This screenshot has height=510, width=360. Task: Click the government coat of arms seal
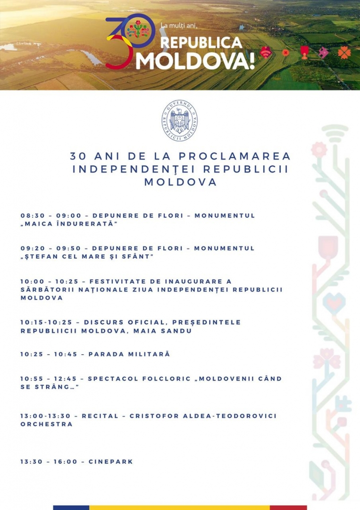tap(180, 120)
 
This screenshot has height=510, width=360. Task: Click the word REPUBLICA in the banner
tap(201, 42)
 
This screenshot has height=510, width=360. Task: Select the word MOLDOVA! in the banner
tap(195, 61)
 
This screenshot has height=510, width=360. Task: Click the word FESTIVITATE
tap(117, 281)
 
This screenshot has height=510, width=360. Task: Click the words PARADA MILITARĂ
tap(129, 354)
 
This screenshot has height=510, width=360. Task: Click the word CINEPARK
tap(111, 461)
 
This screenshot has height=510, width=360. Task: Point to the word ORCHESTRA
tap(46, 424)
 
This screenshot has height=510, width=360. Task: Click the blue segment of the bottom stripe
tap(71, 508)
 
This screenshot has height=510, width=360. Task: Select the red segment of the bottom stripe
tap(288, 508)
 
